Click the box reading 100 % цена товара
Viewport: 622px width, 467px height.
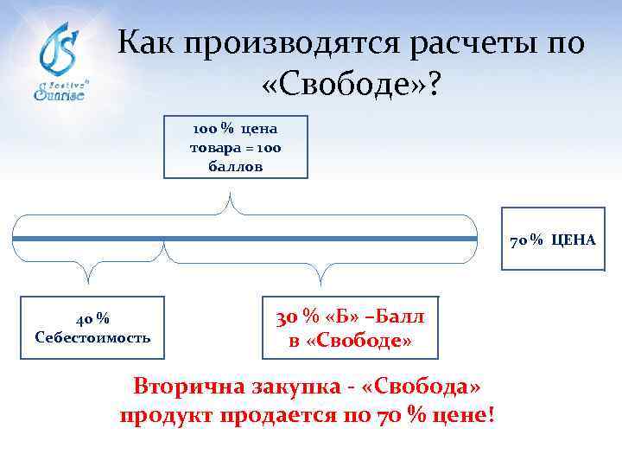click(x=235, y=148)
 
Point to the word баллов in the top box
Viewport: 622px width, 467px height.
click(x=235, y=164)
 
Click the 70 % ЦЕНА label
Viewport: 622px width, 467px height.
click(x=552, y=240)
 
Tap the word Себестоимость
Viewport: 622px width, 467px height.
click(x=92, y=336)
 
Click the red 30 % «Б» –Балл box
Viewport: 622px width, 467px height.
click(x=350, y=329)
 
